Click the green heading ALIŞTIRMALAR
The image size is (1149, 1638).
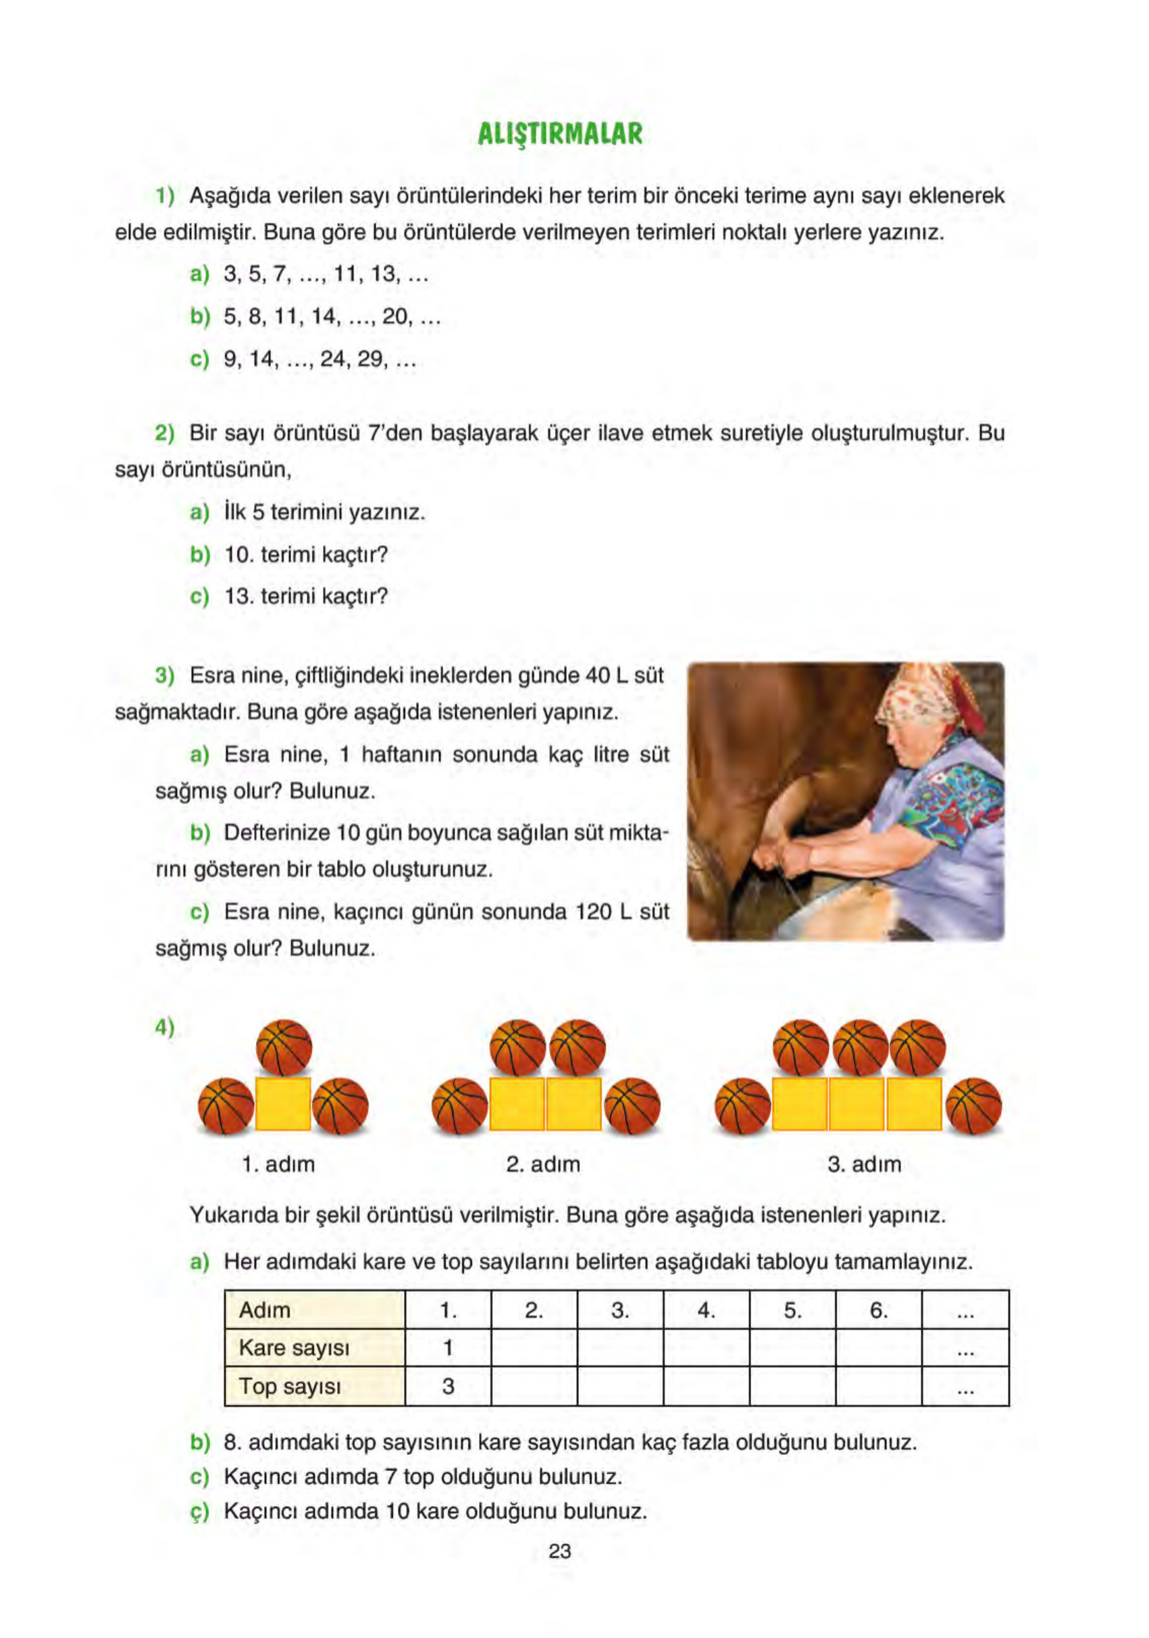tap(559, 133)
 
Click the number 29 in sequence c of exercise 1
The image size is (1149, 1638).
tap(370, 359)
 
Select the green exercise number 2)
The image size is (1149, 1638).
tap(165, 433)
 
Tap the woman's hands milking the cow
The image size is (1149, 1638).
tap(777, 856)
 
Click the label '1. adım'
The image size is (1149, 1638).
tap(278, 1164)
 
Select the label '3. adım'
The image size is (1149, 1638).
tap(864, 1164)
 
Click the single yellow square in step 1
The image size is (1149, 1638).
tap(282, 1103)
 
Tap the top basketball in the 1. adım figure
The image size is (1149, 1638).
tap(284, 1047)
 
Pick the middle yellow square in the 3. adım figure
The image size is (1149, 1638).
tap(857, 1103)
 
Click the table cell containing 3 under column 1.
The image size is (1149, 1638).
tap(448, 1386)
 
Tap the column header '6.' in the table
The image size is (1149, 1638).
tap(878, 1310)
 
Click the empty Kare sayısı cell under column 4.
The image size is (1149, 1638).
tap(706, 1347)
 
